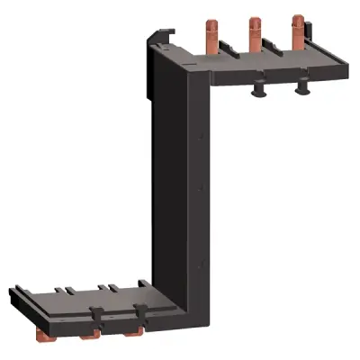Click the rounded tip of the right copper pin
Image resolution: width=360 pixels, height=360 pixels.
tap(296, 16)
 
